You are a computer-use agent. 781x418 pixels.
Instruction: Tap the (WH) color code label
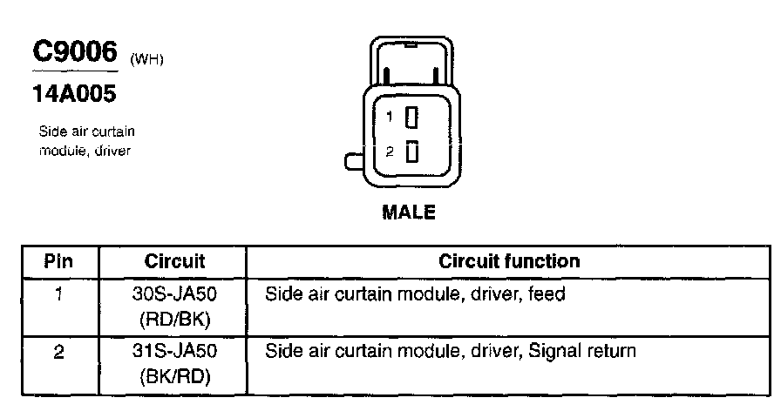click(146, 59)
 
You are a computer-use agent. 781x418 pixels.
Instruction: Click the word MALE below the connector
click(409, 212)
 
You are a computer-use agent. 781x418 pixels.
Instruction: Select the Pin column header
click(58, 261)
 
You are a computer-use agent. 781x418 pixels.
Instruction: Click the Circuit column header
click(173, 261)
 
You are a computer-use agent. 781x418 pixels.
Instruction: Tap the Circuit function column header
click(509, 261)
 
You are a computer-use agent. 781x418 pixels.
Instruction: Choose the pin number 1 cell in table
click(58, 294)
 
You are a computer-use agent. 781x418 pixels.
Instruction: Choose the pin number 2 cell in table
click(58, 352)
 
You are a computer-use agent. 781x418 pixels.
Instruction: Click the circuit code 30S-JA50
click(173, 294)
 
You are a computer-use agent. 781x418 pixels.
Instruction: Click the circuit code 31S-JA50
click(173, 352)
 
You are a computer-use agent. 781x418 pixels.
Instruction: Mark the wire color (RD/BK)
click(173, 320)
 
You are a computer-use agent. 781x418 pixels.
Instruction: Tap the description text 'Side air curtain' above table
click(87, 132)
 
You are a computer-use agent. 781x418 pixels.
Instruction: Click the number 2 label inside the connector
click(390, 152)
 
